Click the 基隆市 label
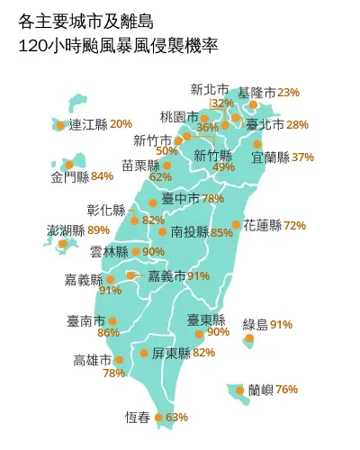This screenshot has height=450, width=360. coord(256,93)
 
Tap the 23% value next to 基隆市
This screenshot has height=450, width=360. coord(289,93)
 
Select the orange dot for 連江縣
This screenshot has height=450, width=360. coord(60,125)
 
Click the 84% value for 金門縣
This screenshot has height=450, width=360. coord(103,175)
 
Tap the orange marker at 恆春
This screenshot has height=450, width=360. coord(159,418)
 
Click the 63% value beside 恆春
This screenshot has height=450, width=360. coord(177,418)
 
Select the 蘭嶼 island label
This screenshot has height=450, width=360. coord(262,390)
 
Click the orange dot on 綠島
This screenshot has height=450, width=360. coord(249,339)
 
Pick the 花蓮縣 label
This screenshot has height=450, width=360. coord(263,225)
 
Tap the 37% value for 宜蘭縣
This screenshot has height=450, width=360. coord(303,157)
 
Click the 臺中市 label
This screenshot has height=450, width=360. coord(181,198)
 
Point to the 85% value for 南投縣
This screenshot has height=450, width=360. coord(221,232)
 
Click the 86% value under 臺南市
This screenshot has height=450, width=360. coord(108,333)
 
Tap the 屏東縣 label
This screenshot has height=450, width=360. coord(171,353)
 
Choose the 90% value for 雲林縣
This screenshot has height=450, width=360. coord(153,252)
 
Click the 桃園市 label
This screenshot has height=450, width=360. coord(178,116)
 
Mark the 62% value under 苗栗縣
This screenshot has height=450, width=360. coord(160,177)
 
